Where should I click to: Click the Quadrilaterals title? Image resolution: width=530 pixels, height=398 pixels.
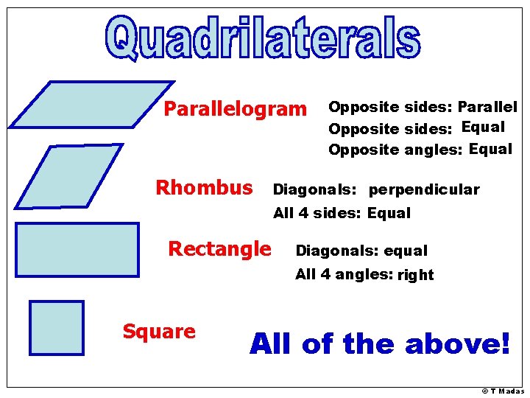click(x=263, y=39)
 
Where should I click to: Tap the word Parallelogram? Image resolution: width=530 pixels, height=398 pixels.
click(x=234, y=110)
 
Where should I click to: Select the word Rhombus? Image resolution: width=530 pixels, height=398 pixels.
click(x=204, y=188)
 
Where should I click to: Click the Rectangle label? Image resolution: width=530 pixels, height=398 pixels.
click(x=219, y=249)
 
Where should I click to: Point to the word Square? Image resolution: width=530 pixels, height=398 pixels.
click(x=159, y=332)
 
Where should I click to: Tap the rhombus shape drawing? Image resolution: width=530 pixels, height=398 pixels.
click(x=68, y=175)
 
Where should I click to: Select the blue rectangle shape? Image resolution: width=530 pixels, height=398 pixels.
click(x=77, y=249)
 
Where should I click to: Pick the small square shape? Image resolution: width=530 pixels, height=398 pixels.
click(x=56, y=327)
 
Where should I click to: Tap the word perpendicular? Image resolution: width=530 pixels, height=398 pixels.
click(x=424, y=190)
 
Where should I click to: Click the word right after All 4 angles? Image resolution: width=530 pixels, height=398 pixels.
click(x=416, y=276)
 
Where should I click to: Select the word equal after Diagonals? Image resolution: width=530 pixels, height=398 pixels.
click(x=405, y=251)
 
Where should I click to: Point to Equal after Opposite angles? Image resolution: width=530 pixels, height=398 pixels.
click(x=490, y=150)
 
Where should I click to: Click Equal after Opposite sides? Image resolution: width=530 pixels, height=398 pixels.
click(x=483, y=127)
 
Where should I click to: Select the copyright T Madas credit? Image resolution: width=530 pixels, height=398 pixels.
click(x=503, y=391)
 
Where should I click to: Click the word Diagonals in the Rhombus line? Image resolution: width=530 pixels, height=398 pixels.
click(x=314, y=190)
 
